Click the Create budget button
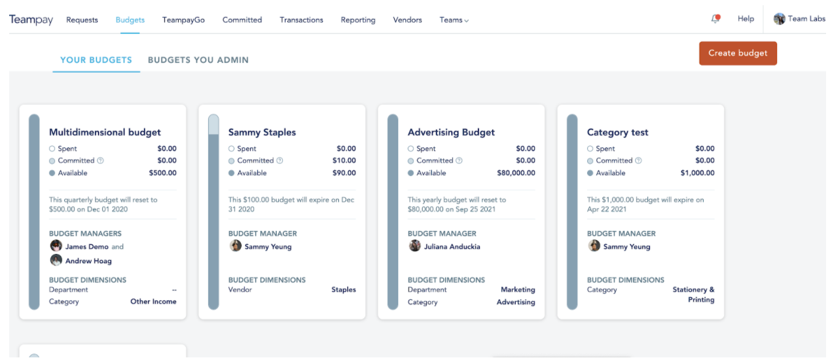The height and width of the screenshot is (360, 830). point(738,53)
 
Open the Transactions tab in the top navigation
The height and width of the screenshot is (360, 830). point(301,20)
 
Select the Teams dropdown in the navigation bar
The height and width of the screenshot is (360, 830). point(454,20)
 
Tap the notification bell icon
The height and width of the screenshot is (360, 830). point(715,18)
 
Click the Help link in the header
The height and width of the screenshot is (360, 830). point(746,18)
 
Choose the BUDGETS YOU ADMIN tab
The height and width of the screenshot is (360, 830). point(198,60)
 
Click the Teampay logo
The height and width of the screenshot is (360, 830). point(31,20)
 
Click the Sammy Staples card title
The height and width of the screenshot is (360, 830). point(262,132)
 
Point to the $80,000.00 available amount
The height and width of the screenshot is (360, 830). point(516,173)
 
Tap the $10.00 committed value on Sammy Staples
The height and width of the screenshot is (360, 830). point(344,160)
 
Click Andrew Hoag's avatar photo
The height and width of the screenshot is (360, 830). point(56,260)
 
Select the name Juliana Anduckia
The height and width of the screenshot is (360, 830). point(452,247)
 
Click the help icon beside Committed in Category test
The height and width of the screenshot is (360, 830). point(638,160)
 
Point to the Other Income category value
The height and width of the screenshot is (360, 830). point(153,302)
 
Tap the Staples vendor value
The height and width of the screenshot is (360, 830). point(344,289)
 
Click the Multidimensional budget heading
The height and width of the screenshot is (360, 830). point(105,132)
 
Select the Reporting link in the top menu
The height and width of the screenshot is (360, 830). point(358,20)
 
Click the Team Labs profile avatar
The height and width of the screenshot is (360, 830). point(779,18)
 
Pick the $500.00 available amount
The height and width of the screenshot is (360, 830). point(163,173)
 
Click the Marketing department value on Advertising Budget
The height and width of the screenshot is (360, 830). point(518,289)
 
